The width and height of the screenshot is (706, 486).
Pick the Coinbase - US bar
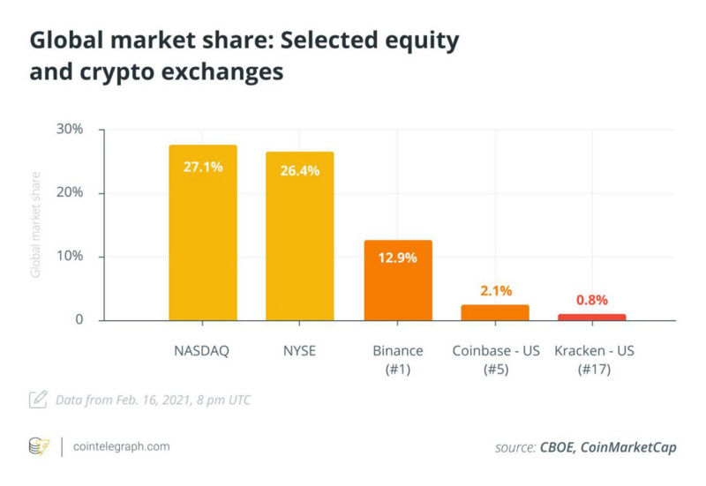click(495, 312)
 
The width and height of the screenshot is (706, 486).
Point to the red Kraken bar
click(592, 317)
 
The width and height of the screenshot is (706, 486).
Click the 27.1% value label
click(203, 166)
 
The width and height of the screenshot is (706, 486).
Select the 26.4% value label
click(300, 171)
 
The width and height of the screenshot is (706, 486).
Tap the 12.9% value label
click(398, 258)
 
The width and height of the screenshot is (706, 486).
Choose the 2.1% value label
click(495, 290)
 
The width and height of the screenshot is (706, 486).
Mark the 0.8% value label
click(592, 300)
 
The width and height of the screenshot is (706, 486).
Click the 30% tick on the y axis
click(69, 129)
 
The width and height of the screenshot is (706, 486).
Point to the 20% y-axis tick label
click(69, 193)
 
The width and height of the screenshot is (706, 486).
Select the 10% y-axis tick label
click(69, 257)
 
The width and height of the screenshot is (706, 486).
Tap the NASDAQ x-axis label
click(202, 351)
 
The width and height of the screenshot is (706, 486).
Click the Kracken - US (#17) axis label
click(593, 360)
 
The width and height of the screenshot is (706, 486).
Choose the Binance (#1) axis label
click(398, 360)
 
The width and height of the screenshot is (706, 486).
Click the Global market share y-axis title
click(36, 225)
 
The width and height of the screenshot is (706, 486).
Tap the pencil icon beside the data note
click(38, 400)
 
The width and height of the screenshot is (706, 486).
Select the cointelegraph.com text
click(121, 446)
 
